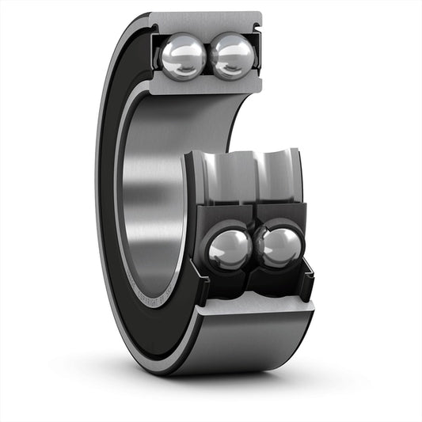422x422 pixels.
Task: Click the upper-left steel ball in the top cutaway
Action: pyautogui.click(x=184, y=55)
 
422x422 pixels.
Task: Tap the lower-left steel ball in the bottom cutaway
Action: pyautogui.click(x=230, y=250)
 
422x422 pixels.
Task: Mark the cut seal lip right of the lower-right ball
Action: pyautogui.click(x=307, y=265)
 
